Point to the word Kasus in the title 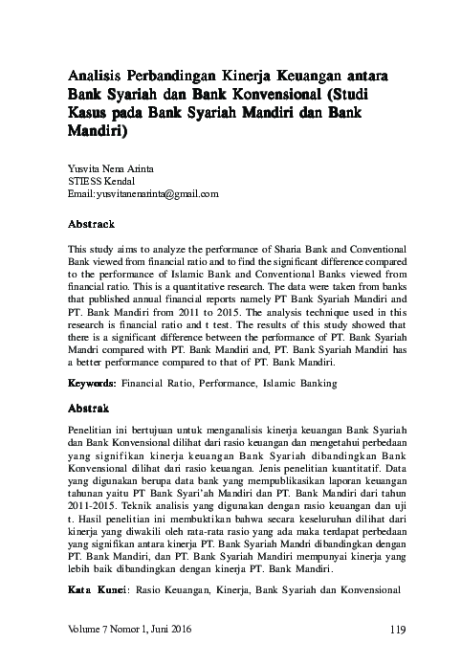click(x=90, y=116)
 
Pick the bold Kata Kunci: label click(x=100, y=593)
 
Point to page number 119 click(x=401, y=629)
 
